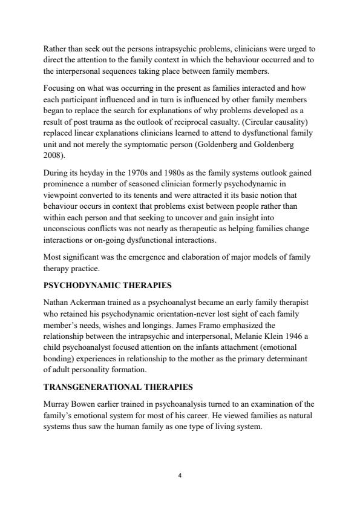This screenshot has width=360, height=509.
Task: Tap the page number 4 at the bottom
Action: click(x=180, y=476)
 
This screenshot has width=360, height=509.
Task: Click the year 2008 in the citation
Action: click(x=53, y=155)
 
